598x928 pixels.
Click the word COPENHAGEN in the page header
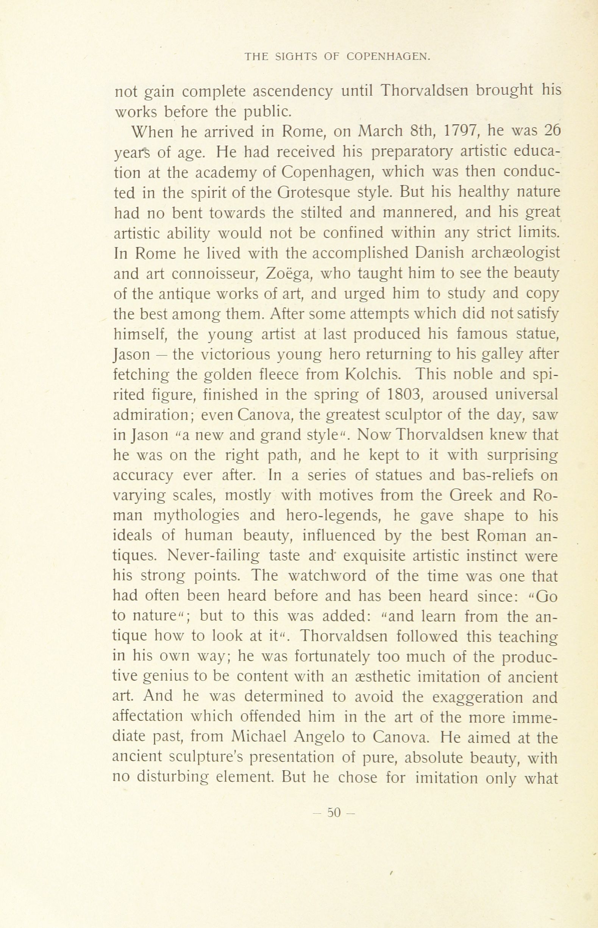tap(387, 57)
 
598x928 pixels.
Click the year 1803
tap(404, 395)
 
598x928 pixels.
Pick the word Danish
tap(439, 253)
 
